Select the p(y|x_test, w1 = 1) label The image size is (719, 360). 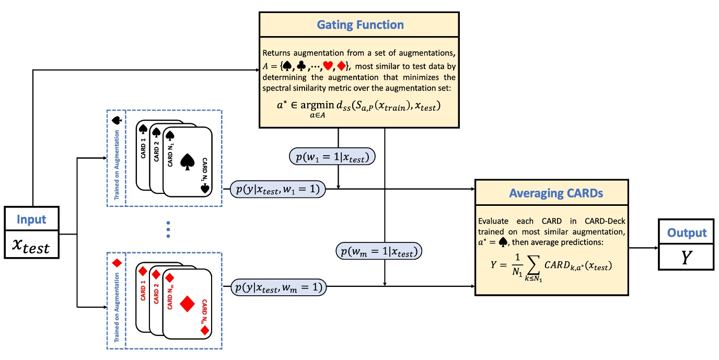(277, 189)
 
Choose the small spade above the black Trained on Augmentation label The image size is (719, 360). (116, 120)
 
